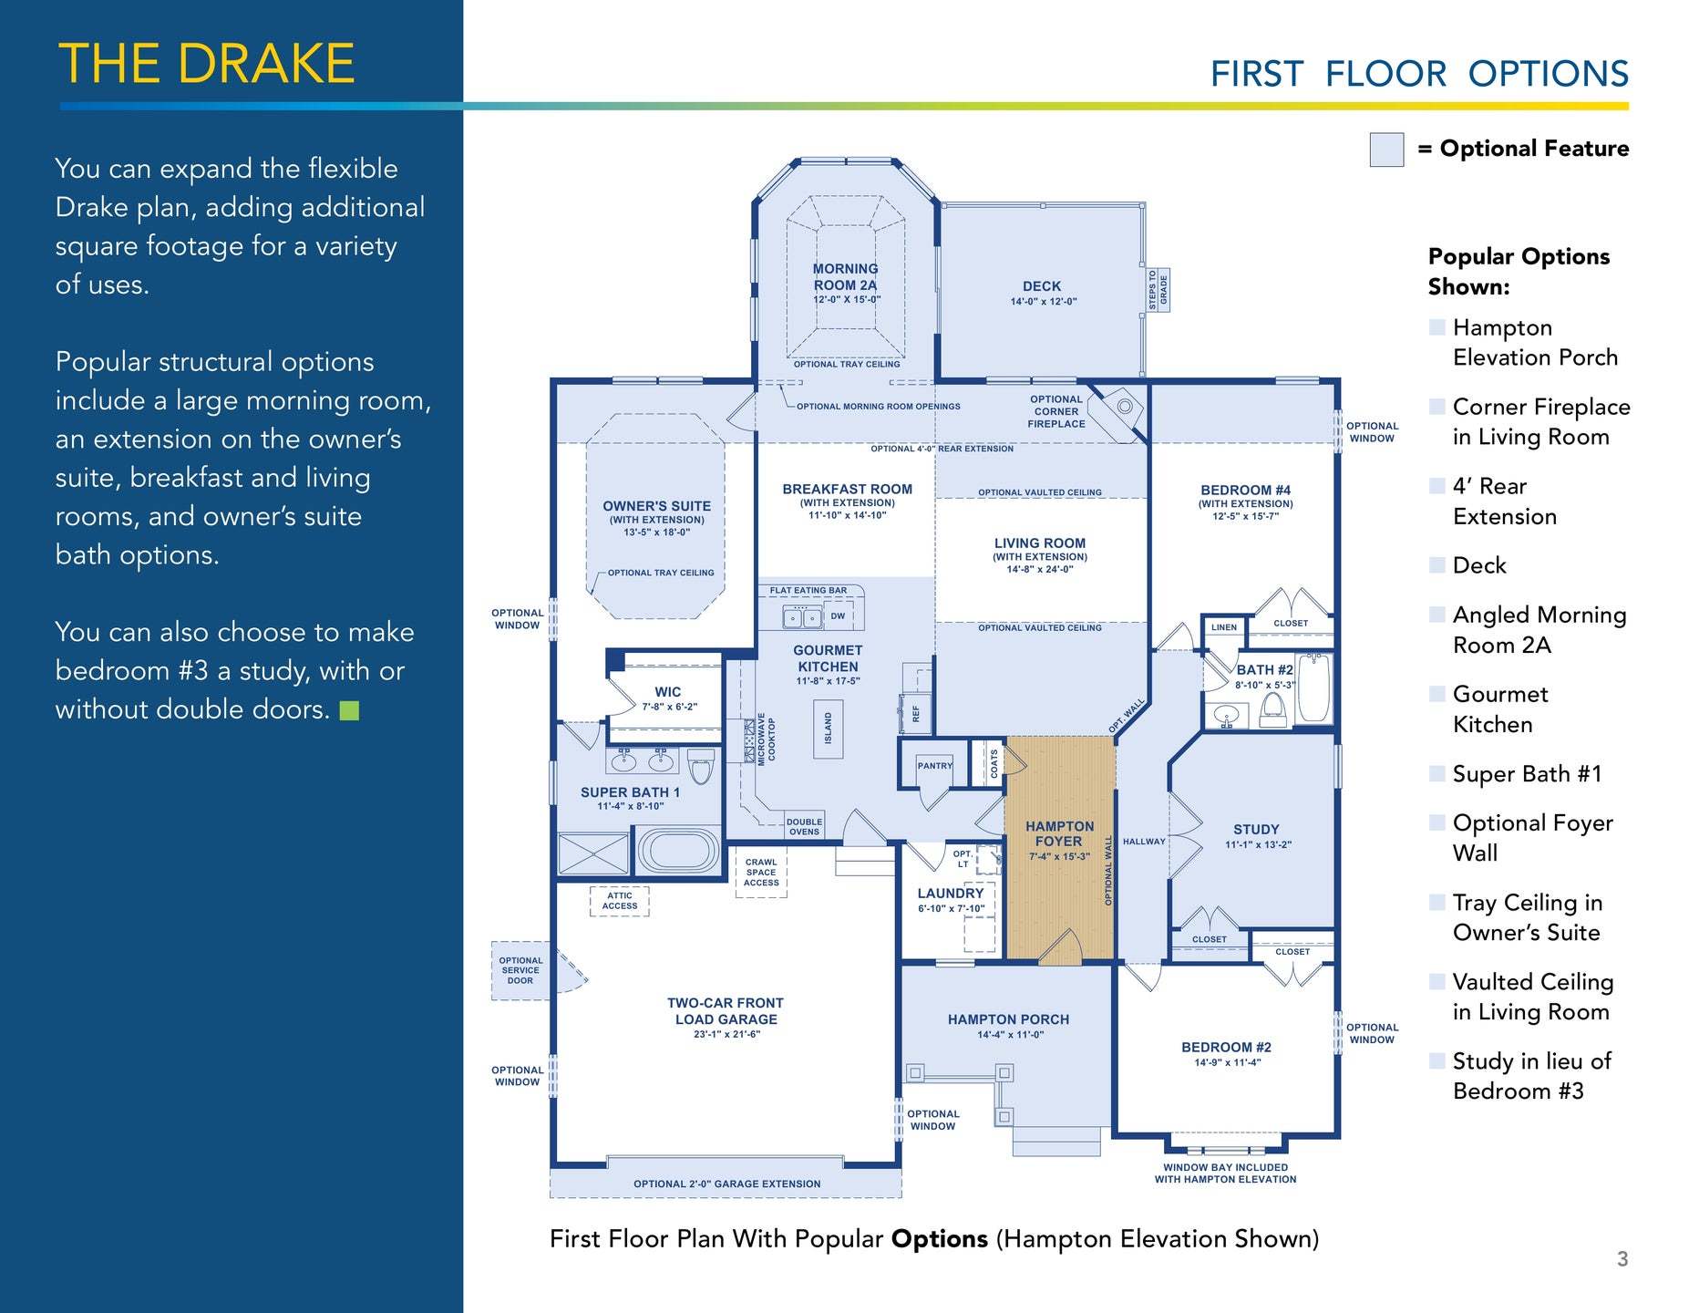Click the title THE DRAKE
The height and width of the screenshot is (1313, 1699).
(207, 64)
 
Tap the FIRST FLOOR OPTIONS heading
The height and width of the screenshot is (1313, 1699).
(1418, 74)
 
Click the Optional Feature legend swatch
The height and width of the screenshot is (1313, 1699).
(1386, 150)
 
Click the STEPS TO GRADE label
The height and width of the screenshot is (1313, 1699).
(1158, 290)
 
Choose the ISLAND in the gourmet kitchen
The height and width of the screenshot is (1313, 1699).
(828, 729)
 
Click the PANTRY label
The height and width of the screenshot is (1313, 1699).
(934, 766)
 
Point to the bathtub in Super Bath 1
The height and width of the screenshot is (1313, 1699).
(678, 851)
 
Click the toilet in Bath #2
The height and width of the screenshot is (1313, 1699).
(1273, 707)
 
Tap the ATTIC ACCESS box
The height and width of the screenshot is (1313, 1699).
(620, 901)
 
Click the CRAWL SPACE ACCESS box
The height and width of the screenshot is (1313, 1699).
(761, 873)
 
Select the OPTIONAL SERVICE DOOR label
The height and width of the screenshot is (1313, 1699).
(520, 970)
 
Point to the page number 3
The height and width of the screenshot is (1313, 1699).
(1622, 1259)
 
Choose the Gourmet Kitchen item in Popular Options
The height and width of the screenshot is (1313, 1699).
(1499, 709)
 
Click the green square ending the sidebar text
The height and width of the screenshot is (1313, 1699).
(349, 710)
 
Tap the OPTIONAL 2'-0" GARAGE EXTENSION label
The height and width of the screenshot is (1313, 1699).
(726, 1184)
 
